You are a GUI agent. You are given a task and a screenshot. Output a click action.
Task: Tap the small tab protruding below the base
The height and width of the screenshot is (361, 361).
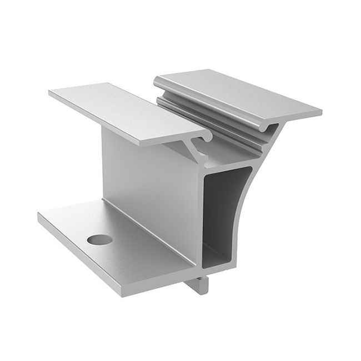pyautogui.click(x=200, y=284)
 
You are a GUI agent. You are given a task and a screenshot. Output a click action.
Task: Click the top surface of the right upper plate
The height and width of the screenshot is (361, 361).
pyautogui.click(x=239, y=92)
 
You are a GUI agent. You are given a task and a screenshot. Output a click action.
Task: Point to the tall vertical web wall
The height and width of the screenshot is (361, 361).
pyautogui.click(x=150, y=178)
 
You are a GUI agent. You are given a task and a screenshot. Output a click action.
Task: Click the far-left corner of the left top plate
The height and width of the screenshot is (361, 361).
pyautogui.click(x=50, y=93)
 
